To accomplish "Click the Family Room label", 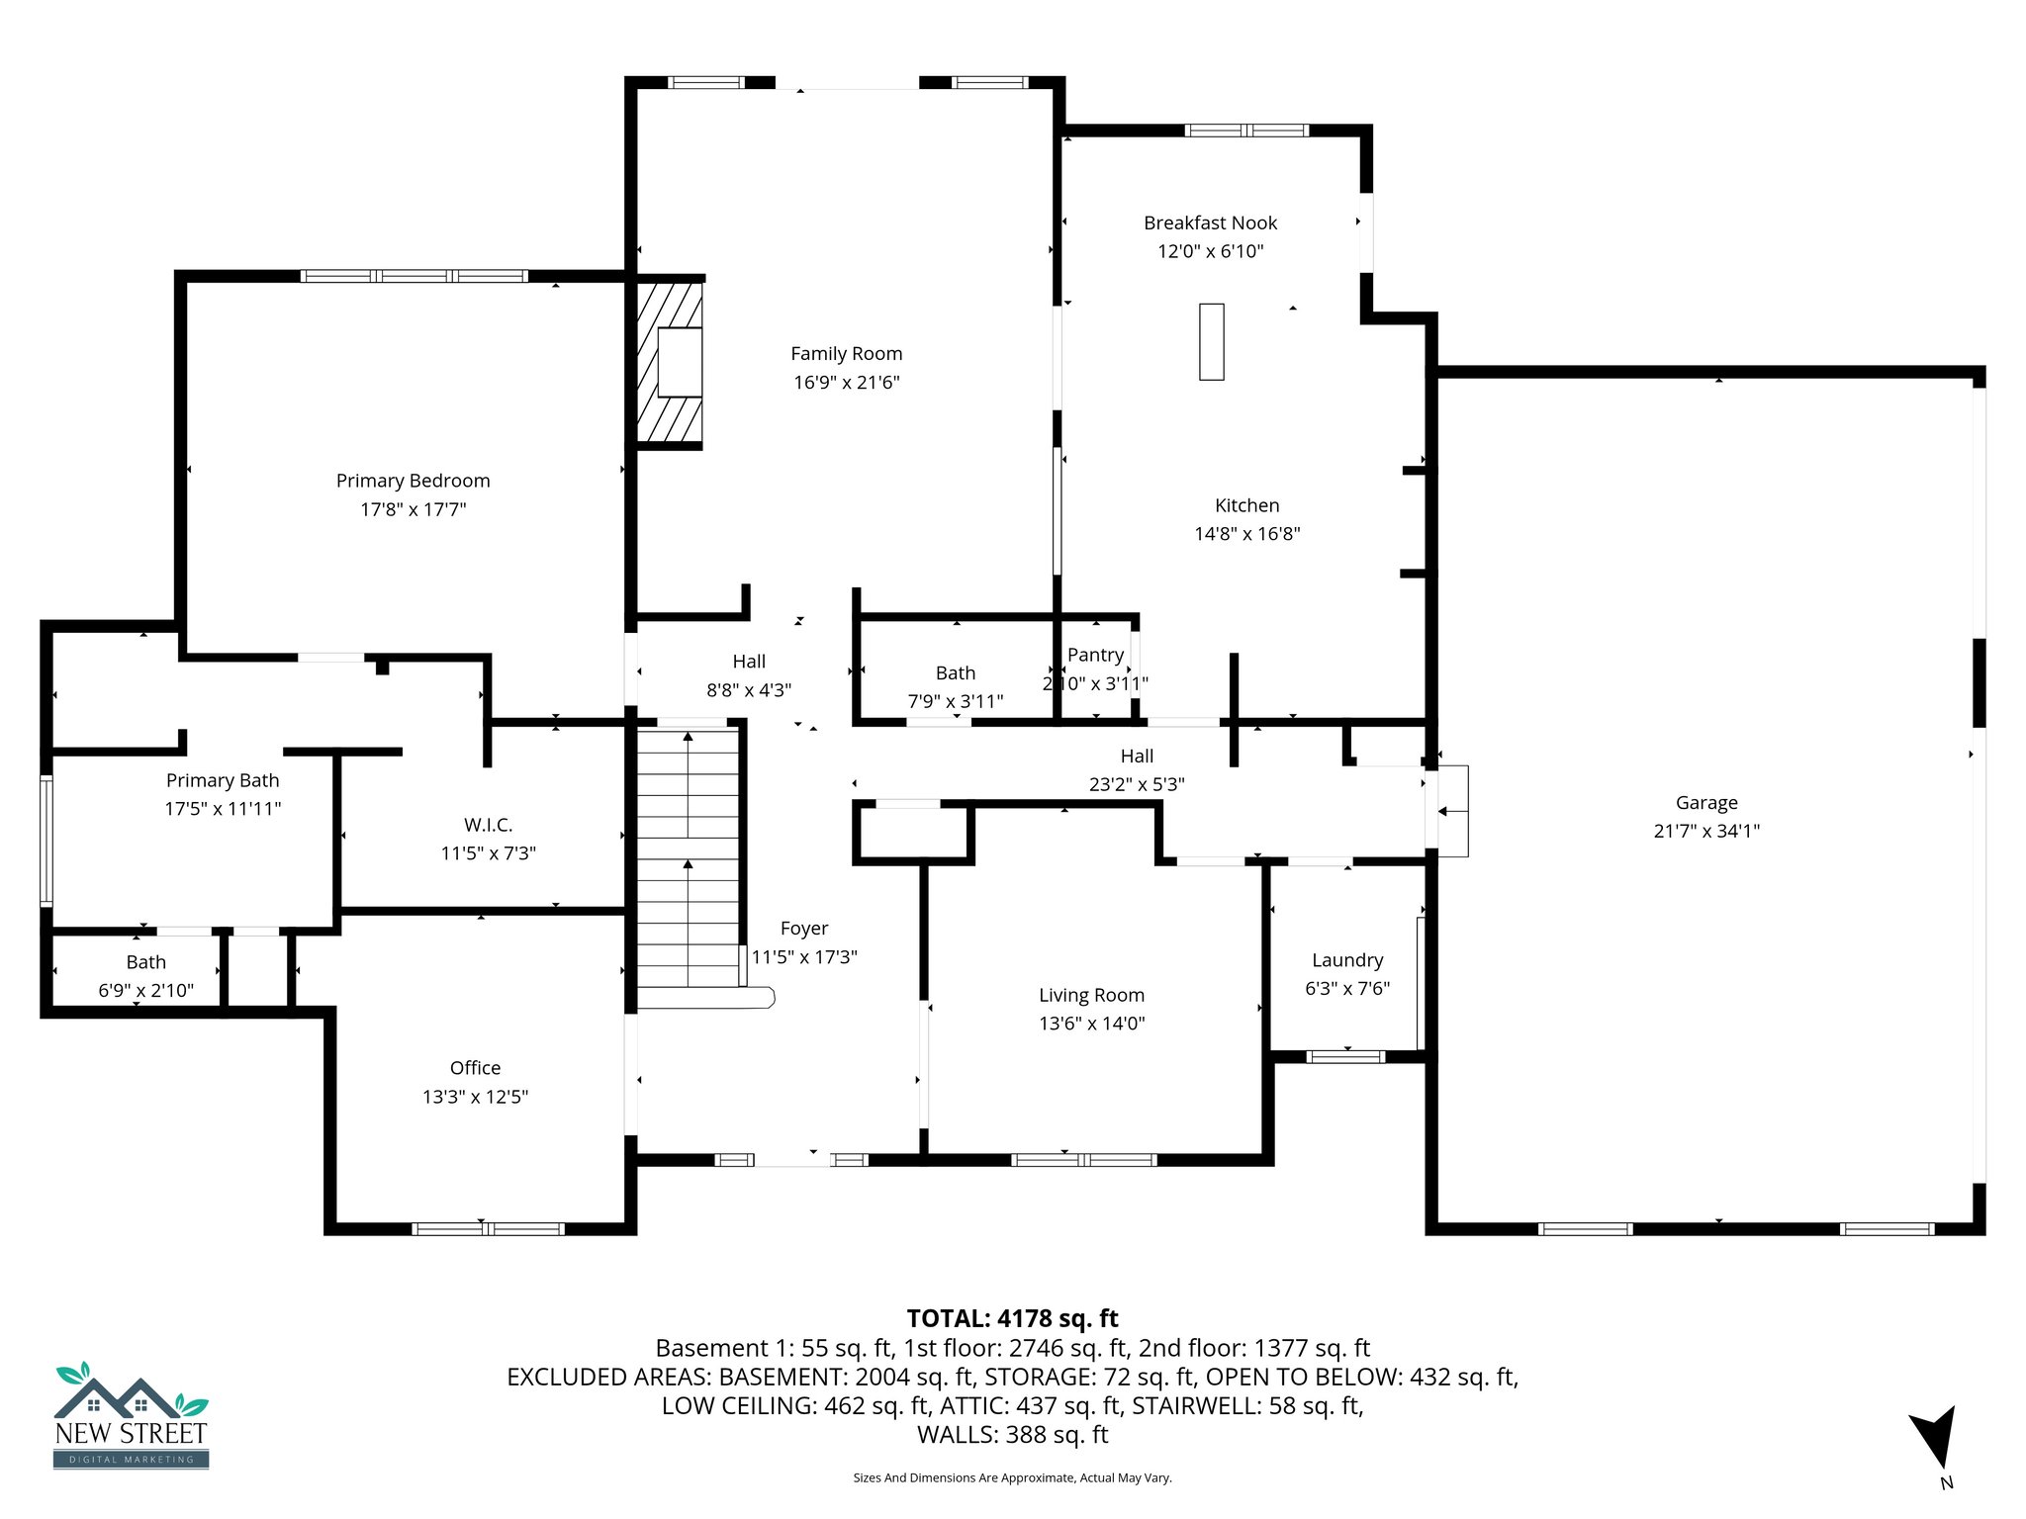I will coord(846,354).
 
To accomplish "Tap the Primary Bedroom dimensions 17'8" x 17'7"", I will coord(413,509).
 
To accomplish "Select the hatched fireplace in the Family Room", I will coord(669,362).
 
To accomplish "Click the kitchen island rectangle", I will coord(1211,341).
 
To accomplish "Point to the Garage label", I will coord(1705,803).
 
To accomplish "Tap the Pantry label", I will coord(1095,655).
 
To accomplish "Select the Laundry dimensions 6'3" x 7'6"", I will coord(1346,988).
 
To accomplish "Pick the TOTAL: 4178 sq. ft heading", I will coord(1012,1318).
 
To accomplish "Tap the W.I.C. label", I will coord(488,825).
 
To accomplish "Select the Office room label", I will coord(475,1068).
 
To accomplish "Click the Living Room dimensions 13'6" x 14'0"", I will coord(1091,1024).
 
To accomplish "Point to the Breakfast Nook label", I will coord(1210,223).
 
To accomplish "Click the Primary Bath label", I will coord(223,780).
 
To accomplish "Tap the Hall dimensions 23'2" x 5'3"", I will coord(1137,784).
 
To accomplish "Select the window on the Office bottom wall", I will coord(488,1229).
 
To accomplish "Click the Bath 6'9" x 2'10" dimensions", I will coord(145,990).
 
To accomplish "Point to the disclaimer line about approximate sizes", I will coord(1012,1477).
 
